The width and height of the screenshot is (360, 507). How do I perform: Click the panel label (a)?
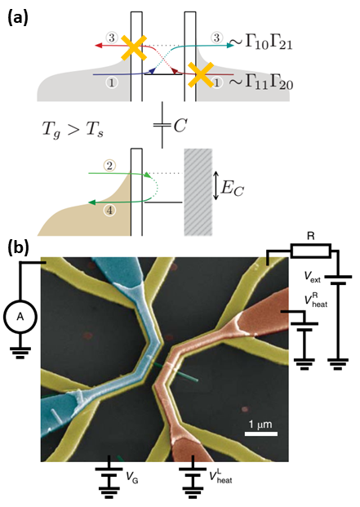[19, 14]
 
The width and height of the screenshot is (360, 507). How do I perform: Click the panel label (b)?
[20, 246]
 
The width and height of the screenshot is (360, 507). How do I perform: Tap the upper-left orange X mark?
[134, 48]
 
